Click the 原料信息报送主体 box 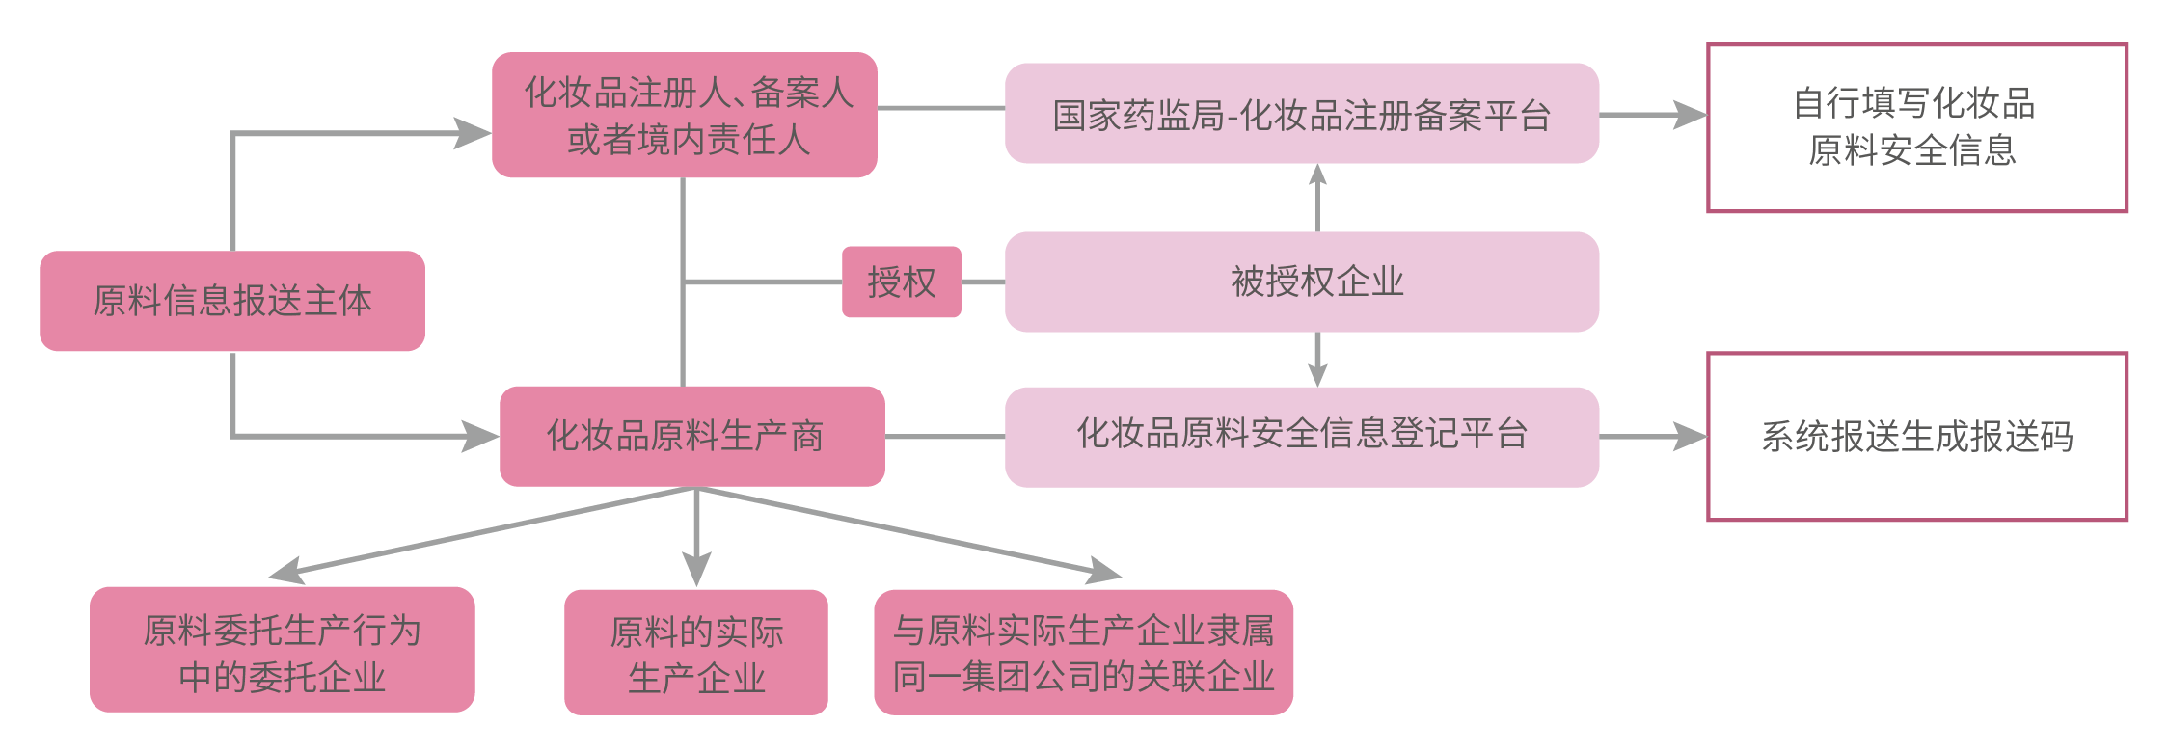(231, 301)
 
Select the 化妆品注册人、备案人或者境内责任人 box (684, 115)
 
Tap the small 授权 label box (901, 282)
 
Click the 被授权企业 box (1301, 282)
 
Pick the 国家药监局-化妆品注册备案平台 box (1301, 114)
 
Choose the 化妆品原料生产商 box (691, 436)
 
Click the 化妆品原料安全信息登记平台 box (1301, 436)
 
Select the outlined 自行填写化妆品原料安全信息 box (1916, 127)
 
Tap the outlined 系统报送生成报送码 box (1916, 437)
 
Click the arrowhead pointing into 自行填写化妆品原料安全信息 (1690, 115)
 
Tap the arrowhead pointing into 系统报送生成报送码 (1690, 437)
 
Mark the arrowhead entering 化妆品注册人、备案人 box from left (474, 133)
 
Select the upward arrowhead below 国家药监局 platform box (1317, 175)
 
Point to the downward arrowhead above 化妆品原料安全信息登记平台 (1317, 375)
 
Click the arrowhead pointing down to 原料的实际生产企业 (696, 569)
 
